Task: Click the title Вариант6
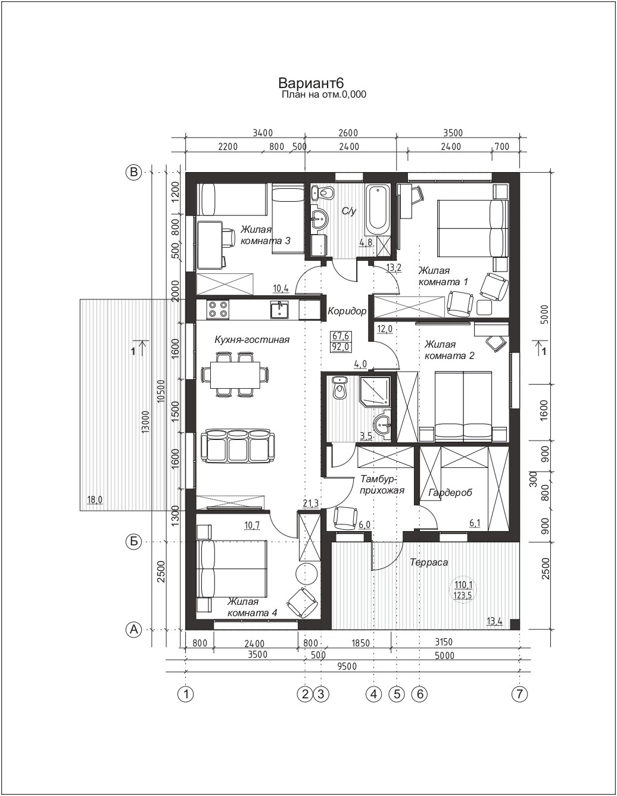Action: click(x=311, y=83)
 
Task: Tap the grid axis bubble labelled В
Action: click(x=133, y=172)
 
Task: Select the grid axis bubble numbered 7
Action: click(x=519, y=694)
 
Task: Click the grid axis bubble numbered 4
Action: click(x=374, y=694)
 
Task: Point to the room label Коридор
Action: click(x=347, y=311)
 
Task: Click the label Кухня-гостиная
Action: click(x=252, y=339)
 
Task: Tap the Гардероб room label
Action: click(x=450, y=492)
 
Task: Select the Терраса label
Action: click(x=429, y=562)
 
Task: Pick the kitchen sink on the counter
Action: click(x=280, y=310)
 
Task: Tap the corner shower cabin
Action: click(x=375, y=391)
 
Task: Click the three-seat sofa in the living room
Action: click(x=238, y=446)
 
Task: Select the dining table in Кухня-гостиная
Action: click(x=235, y=374)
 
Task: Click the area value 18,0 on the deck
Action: click(x=95, y=500)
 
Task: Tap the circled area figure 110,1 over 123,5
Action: click(x=462, y=589)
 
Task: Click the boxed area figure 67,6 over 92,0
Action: click(x=341, y=342)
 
